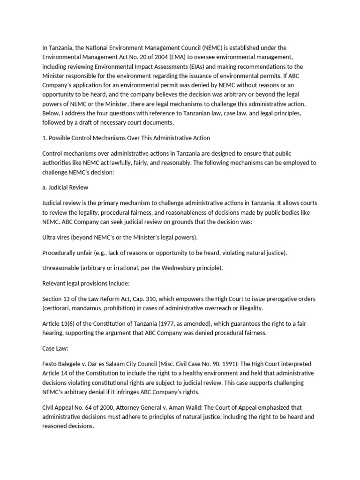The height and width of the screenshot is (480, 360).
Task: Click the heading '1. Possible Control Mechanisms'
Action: pos(126,138)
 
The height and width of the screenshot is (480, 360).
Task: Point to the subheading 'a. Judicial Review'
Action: pos(65,187)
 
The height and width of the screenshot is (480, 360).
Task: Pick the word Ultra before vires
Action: pos(50,237)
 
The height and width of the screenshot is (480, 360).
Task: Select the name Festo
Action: pos(50,364)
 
